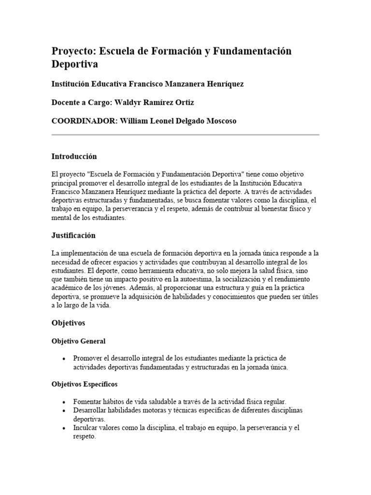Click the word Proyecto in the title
coord(72,51)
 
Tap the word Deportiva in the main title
coord(75,64)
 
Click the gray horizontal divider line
coord(185,135)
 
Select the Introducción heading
coord(74,157)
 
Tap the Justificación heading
coord(73,235)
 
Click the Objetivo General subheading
coord(78,341)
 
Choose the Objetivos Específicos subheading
coord(84,384)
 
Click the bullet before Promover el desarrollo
coord(64,359)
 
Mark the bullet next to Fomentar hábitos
coord(64,402)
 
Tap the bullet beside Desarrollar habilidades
coord(64,411)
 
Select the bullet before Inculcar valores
coord(64,428)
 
